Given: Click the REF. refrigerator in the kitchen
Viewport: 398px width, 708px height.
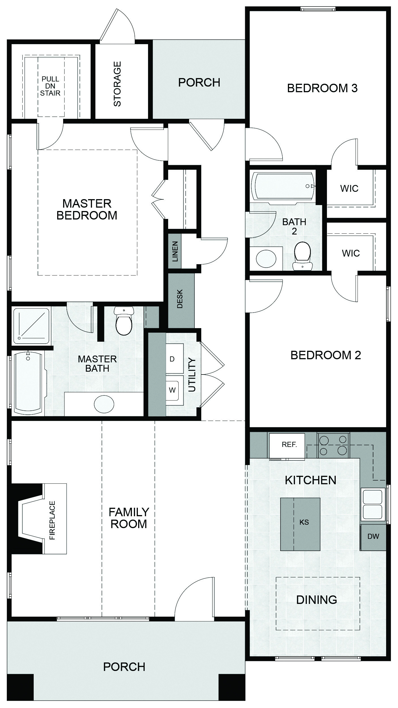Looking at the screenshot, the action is pos(287,445).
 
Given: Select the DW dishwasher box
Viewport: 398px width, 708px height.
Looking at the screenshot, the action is pos(373,537).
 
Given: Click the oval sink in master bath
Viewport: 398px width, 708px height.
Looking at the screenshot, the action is pos(104,404).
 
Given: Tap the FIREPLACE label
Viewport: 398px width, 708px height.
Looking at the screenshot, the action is pos(52,520).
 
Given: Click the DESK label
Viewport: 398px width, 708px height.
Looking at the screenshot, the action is pos(180,298).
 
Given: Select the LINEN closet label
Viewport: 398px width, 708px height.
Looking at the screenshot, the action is pos(175,251).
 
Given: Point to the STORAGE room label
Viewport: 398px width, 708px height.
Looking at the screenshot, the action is pos(117,84).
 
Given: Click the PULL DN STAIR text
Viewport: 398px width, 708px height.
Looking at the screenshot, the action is pos(50,86).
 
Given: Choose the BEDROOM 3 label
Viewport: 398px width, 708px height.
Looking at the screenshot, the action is pos(322,88).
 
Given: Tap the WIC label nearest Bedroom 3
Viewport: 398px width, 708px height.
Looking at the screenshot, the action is pos(349,188).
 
